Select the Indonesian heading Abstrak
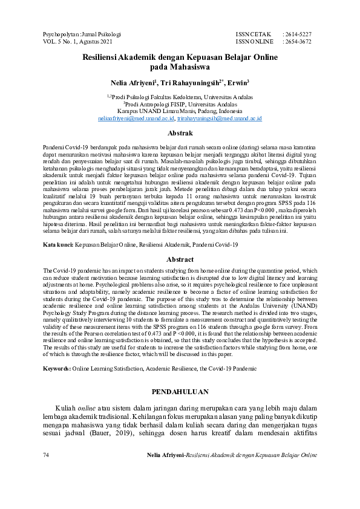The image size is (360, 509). click(180, 133)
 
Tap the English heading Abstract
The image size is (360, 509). click(180, 259)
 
